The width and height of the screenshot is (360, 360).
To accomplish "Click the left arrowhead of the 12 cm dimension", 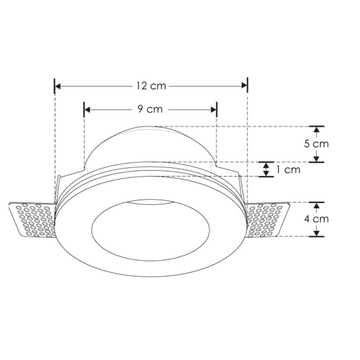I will pyautogui.click(x=57, y=87).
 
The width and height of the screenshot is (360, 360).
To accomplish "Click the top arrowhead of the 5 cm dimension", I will pyautogui.click(x=317, y=128).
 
